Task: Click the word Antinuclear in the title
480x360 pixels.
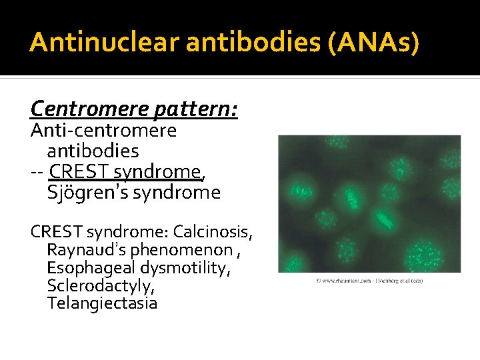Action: (105, 43)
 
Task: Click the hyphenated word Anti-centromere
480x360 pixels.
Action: (104, 131)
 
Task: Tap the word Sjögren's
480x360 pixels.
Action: (85, 193)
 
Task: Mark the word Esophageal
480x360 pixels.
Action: (90, 269)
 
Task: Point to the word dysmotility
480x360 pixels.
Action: (195, 269)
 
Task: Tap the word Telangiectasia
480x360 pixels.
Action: (102, 304)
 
